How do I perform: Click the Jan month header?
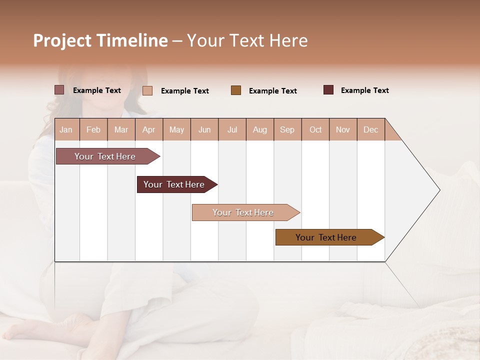click(66, 129)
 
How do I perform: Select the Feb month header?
click(93, 129)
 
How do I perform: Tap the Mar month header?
click(121, 129)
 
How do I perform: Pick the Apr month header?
click(149, 129)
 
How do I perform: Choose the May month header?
click(176, 129)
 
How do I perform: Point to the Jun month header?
click(204, 129)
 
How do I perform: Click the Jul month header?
click(232, 129)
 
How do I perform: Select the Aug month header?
click(260, 129)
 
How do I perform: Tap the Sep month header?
click(287, 129)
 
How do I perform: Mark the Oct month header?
click(315, 129)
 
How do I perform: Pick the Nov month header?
click(343, 129)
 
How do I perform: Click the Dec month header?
click(371, 129)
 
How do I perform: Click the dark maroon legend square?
click(328, 90)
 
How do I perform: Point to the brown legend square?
click(236, 90)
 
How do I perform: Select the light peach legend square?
click(147, 90)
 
